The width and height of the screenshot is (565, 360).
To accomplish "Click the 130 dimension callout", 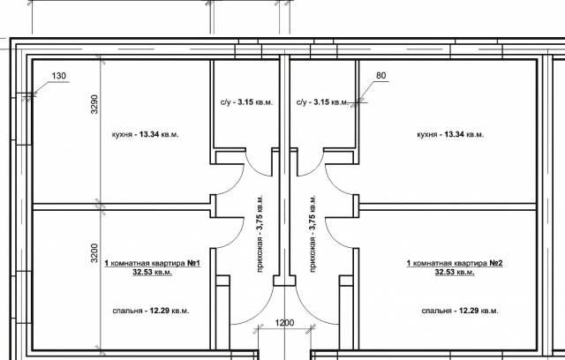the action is click(x=59, y=76).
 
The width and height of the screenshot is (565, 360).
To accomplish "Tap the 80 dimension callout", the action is click(x=380, y=76).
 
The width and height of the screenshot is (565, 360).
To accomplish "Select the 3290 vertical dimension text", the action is click(x=94, y=104).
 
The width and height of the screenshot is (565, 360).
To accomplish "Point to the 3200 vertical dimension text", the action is click(x=94, y=253).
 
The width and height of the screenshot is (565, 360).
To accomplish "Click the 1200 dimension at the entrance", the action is click(x=284, y=323).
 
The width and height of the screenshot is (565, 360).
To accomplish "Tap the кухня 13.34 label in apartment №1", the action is click(x=145, y=135).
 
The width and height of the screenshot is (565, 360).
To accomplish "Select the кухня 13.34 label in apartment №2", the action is click(x=450, y=135).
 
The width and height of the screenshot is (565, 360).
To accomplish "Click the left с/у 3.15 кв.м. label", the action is click(x=247, y=102).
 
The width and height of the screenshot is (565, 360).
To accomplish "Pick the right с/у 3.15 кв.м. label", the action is click(x=322, y=102).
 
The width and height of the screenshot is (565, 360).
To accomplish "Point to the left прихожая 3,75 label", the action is click(x=260, y=233).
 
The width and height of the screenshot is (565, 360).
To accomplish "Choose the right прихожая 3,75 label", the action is click(x=313, y=233).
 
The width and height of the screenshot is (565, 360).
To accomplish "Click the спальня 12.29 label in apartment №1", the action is click(x=151, y=311).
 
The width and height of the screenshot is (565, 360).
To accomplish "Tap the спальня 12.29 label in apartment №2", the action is click(x=460, y=311).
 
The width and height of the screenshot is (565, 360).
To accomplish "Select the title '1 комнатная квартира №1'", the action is click(x=153, y=264).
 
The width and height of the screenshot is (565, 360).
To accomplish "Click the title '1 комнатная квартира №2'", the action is click(x=455, y=264).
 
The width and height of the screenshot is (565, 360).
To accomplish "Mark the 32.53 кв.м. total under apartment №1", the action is click(x=152, y=272).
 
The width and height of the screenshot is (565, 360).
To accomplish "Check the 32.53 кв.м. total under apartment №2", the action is click(x=455, y=272).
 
